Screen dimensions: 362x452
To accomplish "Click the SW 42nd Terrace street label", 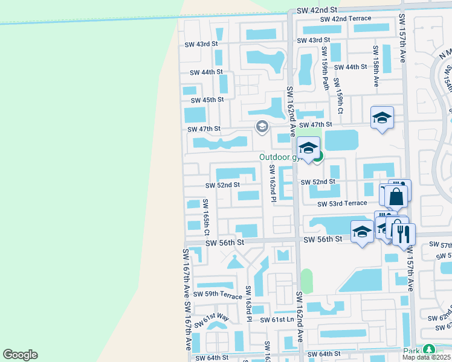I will click(x=346, y=19).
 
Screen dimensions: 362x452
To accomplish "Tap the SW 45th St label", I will click(x=207, y=100).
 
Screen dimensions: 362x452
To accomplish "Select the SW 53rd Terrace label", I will click(x=343, y=204).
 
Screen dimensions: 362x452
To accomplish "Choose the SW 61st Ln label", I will click(x=277, y=320).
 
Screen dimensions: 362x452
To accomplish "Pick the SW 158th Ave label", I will click(x=376, y=66).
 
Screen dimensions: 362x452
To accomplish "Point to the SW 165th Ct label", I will click(x=206, y=218).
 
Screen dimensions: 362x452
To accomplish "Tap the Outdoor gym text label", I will click(x=279, y=157).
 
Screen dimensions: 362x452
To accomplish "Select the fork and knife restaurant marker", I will click(x=404, y=233).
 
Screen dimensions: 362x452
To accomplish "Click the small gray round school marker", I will click(x=262, y=126).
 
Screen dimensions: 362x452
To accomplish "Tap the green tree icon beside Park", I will click(x=429, y=349).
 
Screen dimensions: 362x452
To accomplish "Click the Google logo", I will click(x=20, y=355).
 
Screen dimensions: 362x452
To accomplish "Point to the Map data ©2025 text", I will click(x=426, y=357).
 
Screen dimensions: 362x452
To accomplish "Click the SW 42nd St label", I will click(x=317, y=11).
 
